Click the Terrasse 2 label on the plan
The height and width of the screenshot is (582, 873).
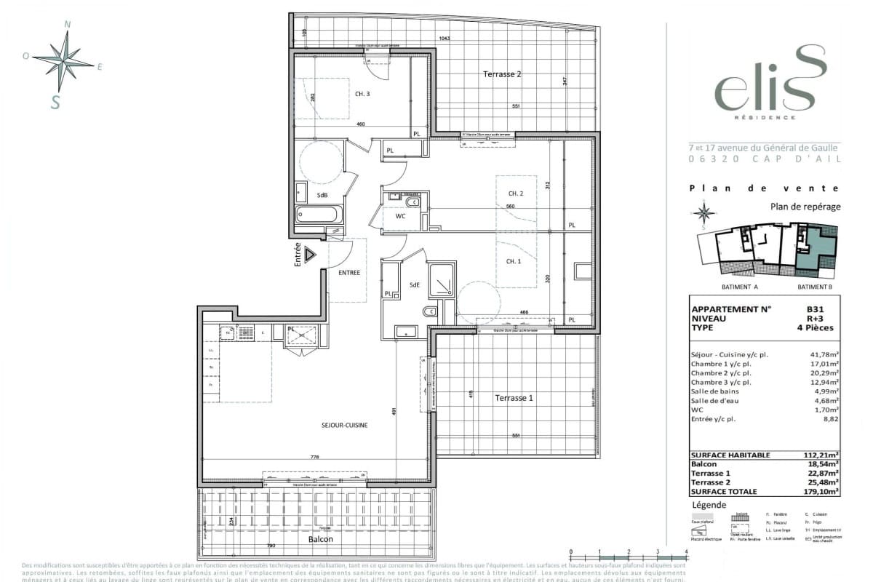pyautogui.click(x=503, y=74)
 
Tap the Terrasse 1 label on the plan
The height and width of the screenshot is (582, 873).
pyautogui.click(x=514, y=398)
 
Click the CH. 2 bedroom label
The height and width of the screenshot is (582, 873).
pyautogui.click(x=515, y=193)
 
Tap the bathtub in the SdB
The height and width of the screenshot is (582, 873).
pyautogui.click(x=318, y=215)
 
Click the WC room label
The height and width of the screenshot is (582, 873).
pyautogui.click(x=401, y=217)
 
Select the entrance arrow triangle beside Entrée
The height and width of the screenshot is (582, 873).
pyautogui.click(x=311, y=255)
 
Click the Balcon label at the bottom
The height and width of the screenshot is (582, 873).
pyautogui.click(x=320, y=539)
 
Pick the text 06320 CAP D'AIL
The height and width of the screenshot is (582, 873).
pyautogui.click(x=764, y=159)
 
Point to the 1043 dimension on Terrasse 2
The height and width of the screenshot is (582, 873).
pyautogui.click(x=447, y=39)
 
